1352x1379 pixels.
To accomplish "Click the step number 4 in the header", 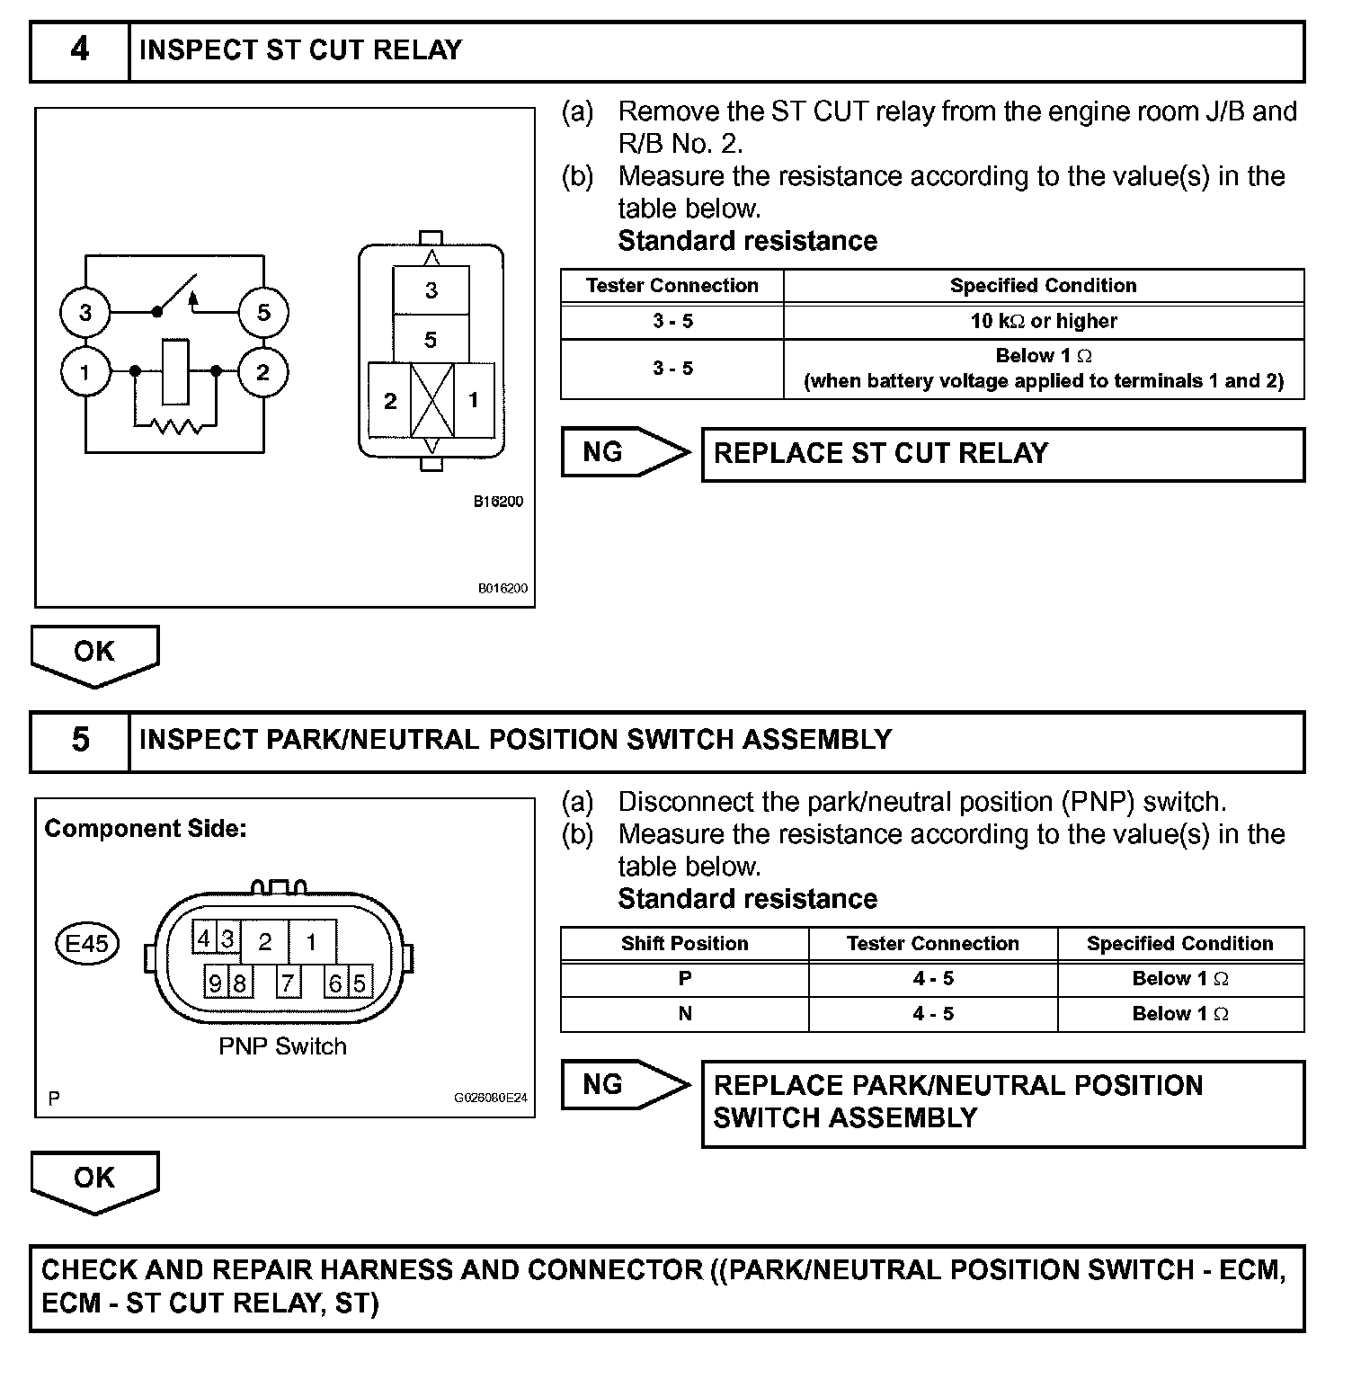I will pos(79,50).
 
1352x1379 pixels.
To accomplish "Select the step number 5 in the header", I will pos(79,741).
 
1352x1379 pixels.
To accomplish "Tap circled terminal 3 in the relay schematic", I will pos(85,313).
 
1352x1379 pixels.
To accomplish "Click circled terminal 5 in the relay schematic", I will pos(263,313).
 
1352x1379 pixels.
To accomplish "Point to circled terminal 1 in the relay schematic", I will pos(85,371).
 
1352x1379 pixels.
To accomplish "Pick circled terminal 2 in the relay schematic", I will pos(263,371).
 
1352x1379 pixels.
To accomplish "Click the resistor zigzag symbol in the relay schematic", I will pos(176,424).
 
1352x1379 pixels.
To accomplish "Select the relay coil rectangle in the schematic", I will pos(175,371).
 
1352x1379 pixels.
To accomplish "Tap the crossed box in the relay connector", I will pos(431,400).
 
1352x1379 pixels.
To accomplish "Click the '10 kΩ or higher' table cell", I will pos(1043,321).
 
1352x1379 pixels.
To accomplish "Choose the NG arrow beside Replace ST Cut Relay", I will pos(625,452).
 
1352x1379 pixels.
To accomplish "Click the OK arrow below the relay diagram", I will pos(94,654).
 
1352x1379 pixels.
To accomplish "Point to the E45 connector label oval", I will pos(87,944).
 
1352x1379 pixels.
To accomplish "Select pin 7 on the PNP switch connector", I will pos(287,983).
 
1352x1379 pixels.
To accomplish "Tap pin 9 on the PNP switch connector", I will pos(216,983).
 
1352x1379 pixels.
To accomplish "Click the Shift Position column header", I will pos(684,944).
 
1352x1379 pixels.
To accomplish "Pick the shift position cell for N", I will pos(684,1014).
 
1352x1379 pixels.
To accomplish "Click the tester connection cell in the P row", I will pos(932,979).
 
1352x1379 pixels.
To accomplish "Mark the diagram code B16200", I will pos(498,502).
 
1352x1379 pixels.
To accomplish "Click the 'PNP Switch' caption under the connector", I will pos(282,1046).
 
